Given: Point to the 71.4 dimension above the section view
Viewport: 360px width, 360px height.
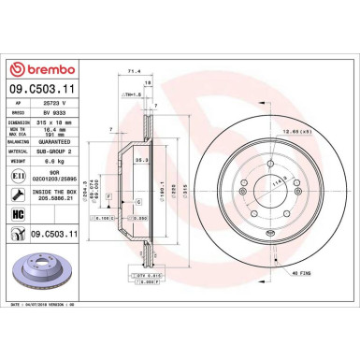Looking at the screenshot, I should click(133, 70).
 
